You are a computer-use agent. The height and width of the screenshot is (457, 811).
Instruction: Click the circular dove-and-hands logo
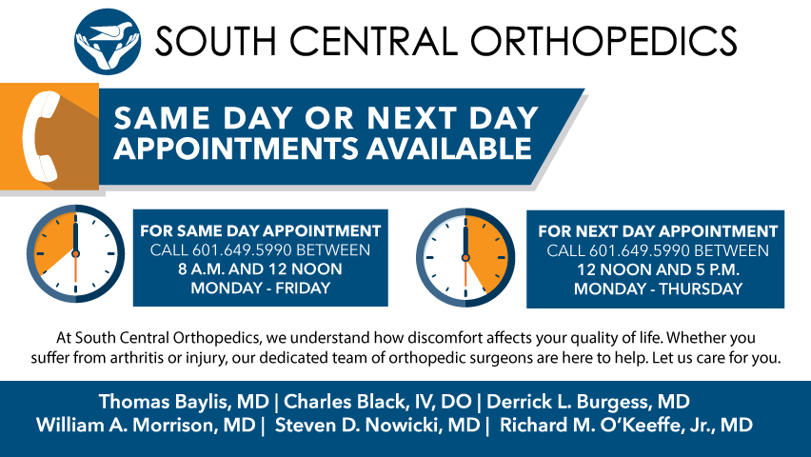pos(107,41)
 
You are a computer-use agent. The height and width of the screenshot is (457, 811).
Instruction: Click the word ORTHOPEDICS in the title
pos(603,41)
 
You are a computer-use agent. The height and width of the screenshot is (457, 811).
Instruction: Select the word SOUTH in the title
pos(216,41)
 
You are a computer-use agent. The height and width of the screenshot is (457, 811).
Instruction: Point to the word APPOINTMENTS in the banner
pos(236,149)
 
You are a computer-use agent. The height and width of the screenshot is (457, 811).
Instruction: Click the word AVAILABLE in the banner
pos(449,149)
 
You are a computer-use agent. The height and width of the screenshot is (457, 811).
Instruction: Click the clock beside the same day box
pos(75,253)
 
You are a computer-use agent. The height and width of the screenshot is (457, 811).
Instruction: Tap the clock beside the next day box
pos(465,257)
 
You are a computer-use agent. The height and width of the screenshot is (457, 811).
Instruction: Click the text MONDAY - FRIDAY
pos(261,288)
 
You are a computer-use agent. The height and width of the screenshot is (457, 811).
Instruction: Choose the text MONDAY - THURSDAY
pos(658,288)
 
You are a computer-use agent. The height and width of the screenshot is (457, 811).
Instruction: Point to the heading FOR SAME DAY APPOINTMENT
pos(261,230)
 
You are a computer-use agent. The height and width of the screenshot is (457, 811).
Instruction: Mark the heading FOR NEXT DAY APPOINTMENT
pos(658,230)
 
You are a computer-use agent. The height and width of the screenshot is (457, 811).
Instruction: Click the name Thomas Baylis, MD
pos(184,402)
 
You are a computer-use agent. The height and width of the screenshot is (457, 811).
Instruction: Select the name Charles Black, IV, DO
pos(378,402)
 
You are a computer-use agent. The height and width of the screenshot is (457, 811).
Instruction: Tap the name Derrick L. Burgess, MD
pos(588,402)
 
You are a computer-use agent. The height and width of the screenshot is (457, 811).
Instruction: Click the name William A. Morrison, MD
pos(146,425)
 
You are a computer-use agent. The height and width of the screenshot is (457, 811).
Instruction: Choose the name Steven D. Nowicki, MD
pos(378,425)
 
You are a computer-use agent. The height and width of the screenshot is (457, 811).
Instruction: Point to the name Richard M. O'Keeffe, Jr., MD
pos(625,425)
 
